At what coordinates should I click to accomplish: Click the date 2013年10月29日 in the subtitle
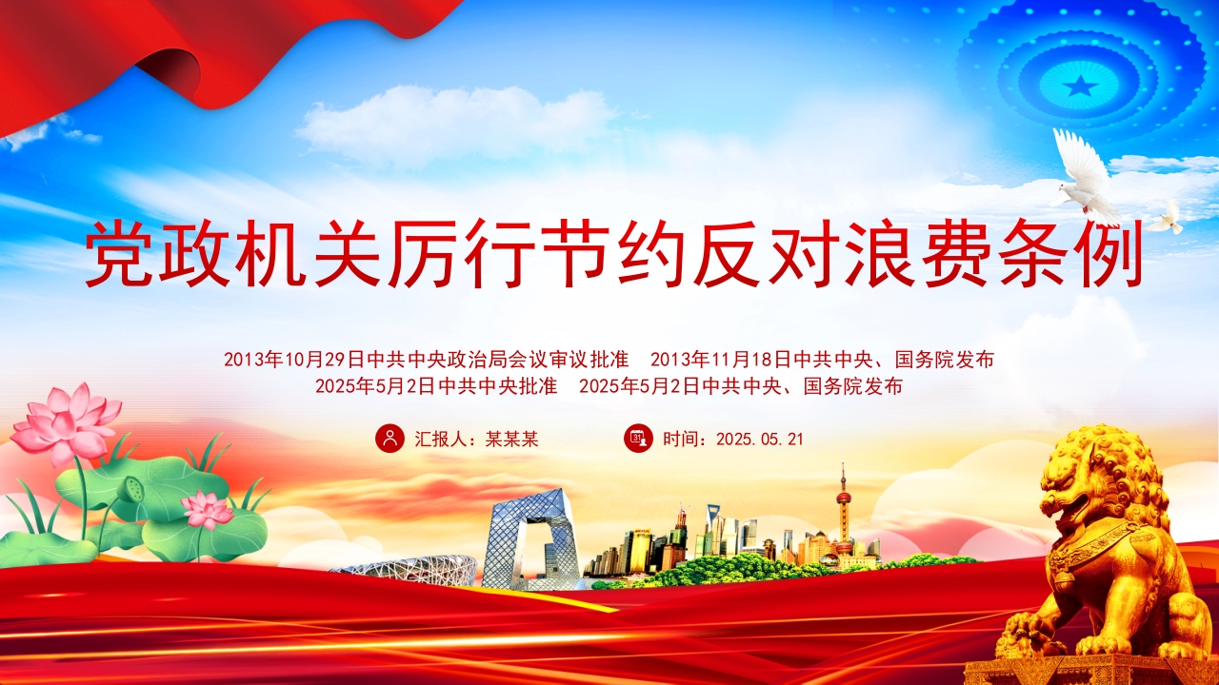click(x=294, y=360)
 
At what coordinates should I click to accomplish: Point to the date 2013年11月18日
click(x=721, y=360)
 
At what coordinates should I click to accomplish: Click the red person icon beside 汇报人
click(x=390, y=439)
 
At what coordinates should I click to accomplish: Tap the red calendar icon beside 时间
click(x=638, y=439)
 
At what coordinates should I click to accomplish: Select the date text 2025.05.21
click(x=760, y=440)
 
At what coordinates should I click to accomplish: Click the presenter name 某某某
click(x=511, y=439)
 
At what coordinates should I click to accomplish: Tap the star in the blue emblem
click(x=1080, y=86)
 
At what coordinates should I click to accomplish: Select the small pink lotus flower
click(x=208, y=509)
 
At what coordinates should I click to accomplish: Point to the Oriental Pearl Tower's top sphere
click(x=843, y=498)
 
